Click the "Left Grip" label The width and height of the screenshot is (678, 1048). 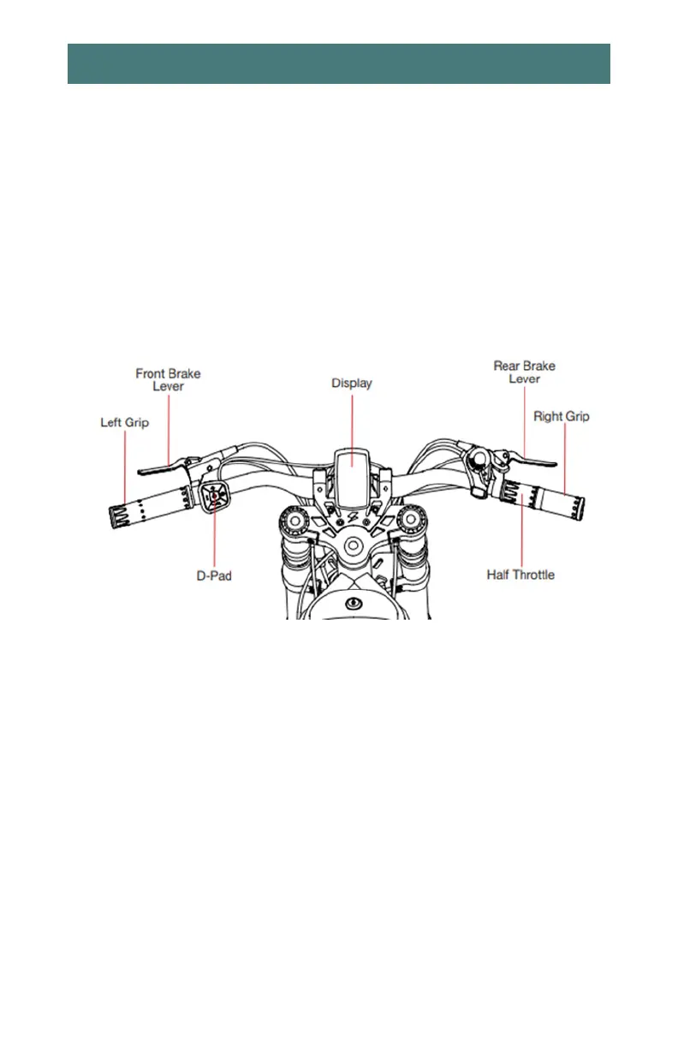coord(125,422)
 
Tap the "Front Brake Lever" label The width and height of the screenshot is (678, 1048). coord(168,380)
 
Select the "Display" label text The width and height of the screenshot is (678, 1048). coord(352,383)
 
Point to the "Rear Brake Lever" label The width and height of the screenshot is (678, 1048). coord(524,372)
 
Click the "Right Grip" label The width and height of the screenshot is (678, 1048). coord(562,417)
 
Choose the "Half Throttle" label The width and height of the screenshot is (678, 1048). coord(520,575)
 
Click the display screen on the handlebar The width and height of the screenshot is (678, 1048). coord(352,480)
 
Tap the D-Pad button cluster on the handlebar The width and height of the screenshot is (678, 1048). coord(215,495)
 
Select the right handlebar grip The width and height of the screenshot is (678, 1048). coord(548,499)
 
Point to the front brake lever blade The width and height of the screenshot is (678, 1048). coord(154,467)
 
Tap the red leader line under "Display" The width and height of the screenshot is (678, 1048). coord(352,420)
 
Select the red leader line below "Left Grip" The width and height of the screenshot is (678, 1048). coord(125,467)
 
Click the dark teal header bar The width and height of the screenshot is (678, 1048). coord(339,64)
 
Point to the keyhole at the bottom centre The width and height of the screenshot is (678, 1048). coord(352,604)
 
